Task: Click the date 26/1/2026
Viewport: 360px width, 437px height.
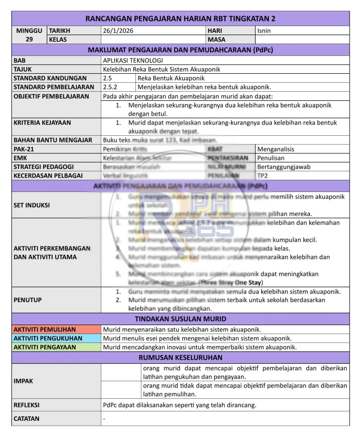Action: [118, 31]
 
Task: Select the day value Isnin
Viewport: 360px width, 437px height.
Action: [264, 31]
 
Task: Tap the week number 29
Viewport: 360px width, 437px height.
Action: [29, 40]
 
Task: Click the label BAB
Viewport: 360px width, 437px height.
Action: [20, 60]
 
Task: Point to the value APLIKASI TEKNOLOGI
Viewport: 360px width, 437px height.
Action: [133, 60]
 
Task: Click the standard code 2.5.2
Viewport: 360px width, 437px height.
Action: [110, 87]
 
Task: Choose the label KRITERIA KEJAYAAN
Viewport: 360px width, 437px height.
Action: [42, 122]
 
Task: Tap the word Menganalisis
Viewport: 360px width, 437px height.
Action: [278, 149]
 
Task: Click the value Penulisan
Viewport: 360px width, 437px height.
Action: [271, 158]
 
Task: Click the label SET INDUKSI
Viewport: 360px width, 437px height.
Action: [31, 205]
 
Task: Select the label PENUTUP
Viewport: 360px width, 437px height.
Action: [27, 300]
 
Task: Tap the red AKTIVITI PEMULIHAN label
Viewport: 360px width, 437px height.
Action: [45, 330]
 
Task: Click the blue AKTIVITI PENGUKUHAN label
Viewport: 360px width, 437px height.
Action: [48, 338]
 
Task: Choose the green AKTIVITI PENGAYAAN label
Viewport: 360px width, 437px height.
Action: [45, 347]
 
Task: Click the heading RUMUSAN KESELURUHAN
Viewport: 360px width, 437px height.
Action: [180, 358]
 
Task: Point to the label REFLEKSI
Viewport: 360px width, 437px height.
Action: [27, 405]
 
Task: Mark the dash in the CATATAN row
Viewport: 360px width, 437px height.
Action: [104, 419]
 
